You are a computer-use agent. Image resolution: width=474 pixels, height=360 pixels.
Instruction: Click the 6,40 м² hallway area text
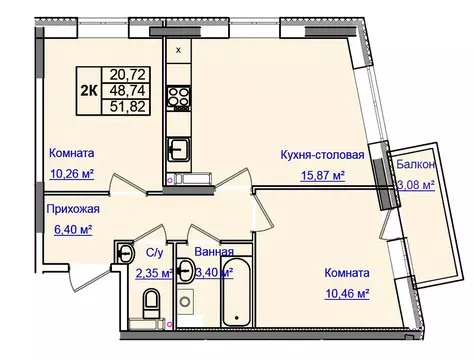pos(70,229)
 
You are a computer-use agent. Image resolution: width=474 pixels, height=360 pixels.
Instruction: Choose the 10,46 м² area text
pos(346,294)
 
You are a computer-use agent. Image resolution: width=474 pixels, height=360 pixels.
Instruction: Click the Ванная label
pos(215,251)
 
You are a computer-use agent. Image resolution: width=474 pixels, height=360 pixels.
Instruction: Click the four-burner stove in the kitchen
pos(181,98)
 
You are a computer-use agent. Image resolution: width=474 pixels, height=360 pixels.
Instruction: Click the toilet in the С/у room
pos(151,303)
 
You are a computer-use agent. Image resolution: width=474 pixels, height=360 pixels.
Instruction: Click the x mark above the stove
pos(179,49)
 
